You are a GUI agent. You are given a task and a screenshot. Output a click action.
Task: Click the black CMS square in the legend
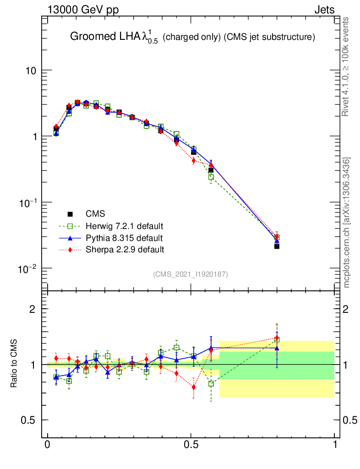pyautogui.click(x=70, y=214)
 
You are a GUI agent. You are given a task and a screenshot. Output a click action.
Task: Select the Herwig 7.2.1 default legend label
pyautogui.click(x=125, y=226)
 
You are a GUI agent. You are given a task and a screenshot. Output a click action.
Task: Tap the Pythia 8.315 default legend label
pyautogui.click(x=124, y=238)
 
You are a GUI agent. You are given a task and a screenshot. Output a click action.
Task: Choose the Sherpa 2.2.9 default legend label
pyautogui.click(x=125, y=250)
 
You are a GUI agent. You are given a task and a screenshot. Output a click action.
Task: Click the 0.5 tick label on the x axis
pyautogui.click(x=191, y=445)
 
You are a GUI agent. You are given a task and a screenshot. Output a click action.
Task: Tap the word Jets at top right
pyautogui.click(x=324, y=10)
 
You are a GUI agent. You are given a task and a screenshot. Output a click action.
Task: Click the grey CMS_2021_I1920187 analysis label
pyautogui.click(x=191, y=274)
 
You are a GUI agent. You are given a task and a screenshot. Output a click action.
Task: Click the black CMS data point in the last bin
pyautogui.click(x=277, y=246)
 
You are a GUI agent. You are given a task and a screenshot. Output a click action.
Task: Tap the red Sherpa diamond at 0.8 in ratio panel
pyautogui.click(x=277, y=338)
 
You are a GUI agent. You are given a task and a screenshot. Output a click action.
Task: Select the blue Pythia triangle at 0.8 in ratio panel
pyautogui.click(x=277, y=349)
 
